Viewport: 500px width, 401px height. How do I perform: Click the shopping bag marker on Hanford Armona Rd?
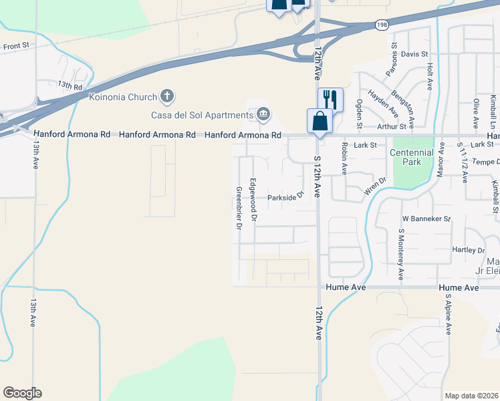pyautogui.click(x=320, y=122)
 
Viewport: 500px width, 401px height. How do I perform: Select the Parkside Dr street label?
pyautogui.click(x=286, y=197)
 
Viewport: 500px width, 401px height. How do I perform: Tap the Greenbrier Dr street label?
pyautogui.click(x=238, y=208)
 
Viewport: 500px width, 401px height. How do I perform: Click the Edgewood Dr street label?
pyautogui.click(x=253, y=200)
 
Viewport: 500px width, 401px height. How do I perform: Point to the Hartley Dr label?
pyautogui.click(x=467, y=250)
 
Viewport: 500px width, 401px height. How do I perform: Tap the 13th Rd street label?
pyautogui.click(x=70, y=86)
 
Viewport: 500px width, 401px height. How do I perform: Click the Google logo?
pyautogui.click(x=22, y=393)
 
